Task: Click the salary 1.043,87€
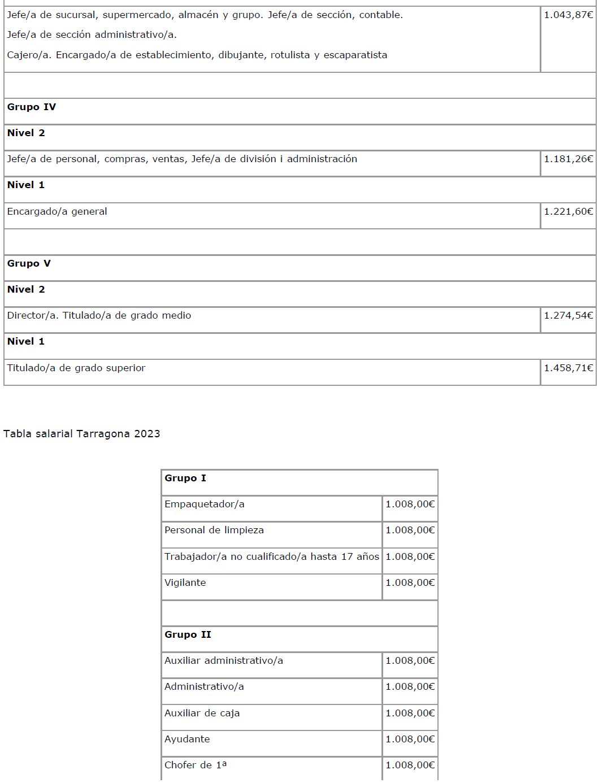pos(568,15)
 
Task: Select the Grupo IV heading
pos(32,107)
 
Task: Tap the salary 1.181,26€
pos(568,159)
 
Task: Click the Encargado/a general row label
pos(57,212)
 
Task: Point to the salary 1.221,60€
pos(568,212)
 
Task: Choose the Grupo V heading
pos(29,264)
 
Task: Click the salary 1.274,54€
pos(568,316)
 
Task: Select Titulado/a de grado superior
pos(76,368)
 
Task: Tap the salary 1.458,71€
pos(568,368)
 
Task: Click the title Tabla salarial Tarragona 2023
pos(82,434)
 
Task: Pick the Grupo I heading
pos(185,478)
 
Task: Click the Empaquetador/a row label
pos(205,504)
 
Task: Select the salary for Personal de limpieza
pos(410,530)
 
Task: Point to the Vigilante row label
pos(185,583)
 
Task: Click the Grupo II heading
pos(188,635)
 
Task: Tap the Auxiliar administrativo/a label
pos(224,661)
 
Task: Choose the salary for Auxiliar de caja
pos(410,714)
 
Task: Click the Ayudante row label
pos(187,739)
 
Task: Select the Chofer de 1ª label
pos(196,765)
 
